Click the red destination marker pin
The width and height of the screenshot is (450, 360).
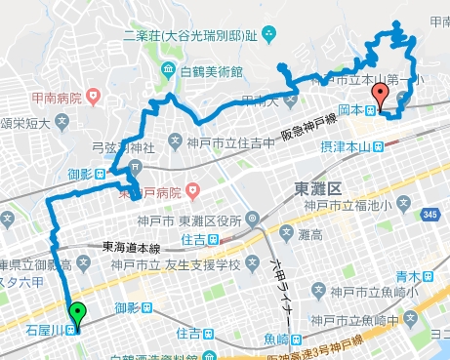tap(382, 96)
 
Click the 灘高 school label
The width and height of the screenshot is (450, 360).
tap(310, 234)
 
